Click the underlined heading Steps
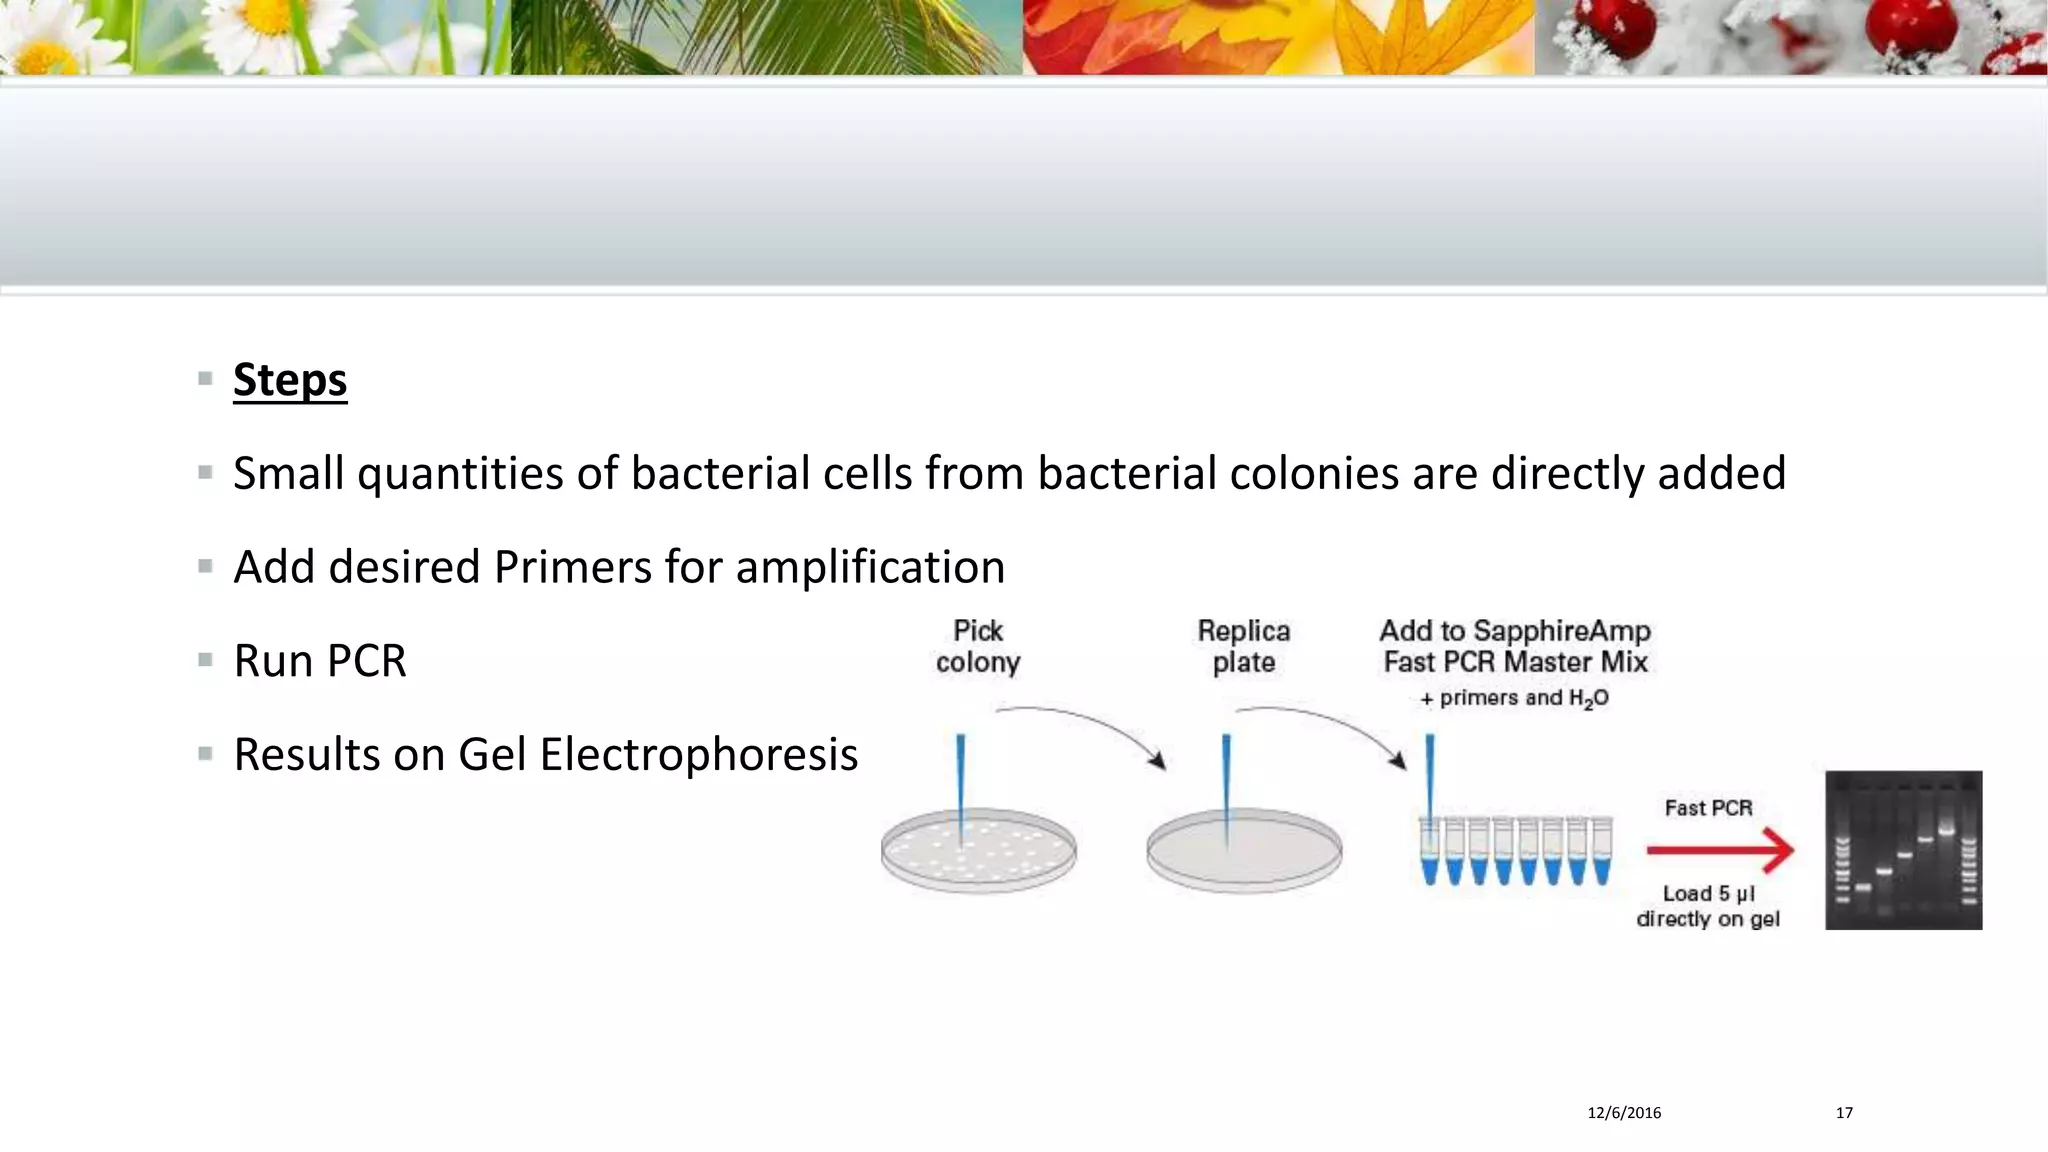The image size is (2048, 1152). click(x=290, y=380)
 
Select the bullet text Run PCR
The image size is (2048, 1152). click(x=320, y=661)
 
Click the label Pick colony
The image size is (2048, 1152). click(x=977, y=646)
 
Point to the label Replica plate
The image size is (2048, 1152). click(x=1243, y=646)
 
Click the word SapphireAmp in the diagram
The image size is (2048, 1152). click(x=1561, y=631)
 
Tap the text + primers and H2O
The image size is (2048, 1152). click(x=1514, y=698)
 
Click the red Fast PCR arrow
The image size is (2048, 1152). click(x=1720, y=851)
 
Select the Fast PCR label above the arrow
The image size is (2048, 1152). click(x=1708, y=807)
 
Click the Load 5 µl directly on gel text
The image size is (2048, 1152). click(x=1708, y=906)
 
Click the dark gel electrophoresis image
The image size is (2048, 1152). click(x=1903, y=850)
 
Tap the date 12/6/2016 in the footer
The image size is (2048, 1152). click(x=1624, y=1113)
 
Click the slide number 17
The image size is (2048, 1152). click(x=1844, y=1113)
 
